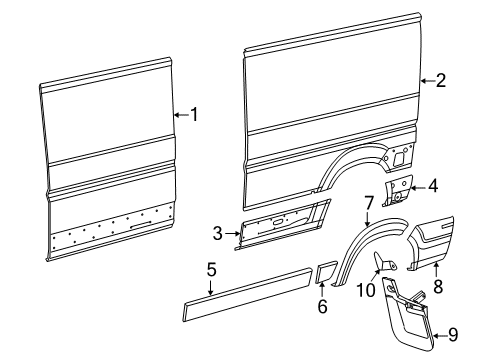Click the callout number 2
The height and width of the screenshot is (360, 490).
tap(441, 82)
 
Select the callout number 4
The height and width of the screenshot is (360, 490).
tap(432, 185)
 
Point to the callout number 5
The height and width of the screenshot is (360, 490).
tap(211, 269)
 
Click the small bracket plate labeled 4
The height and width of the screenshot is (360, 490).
tap(401, 190)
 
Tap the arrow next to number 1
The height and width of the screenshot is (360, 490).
tap(179, 115)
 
